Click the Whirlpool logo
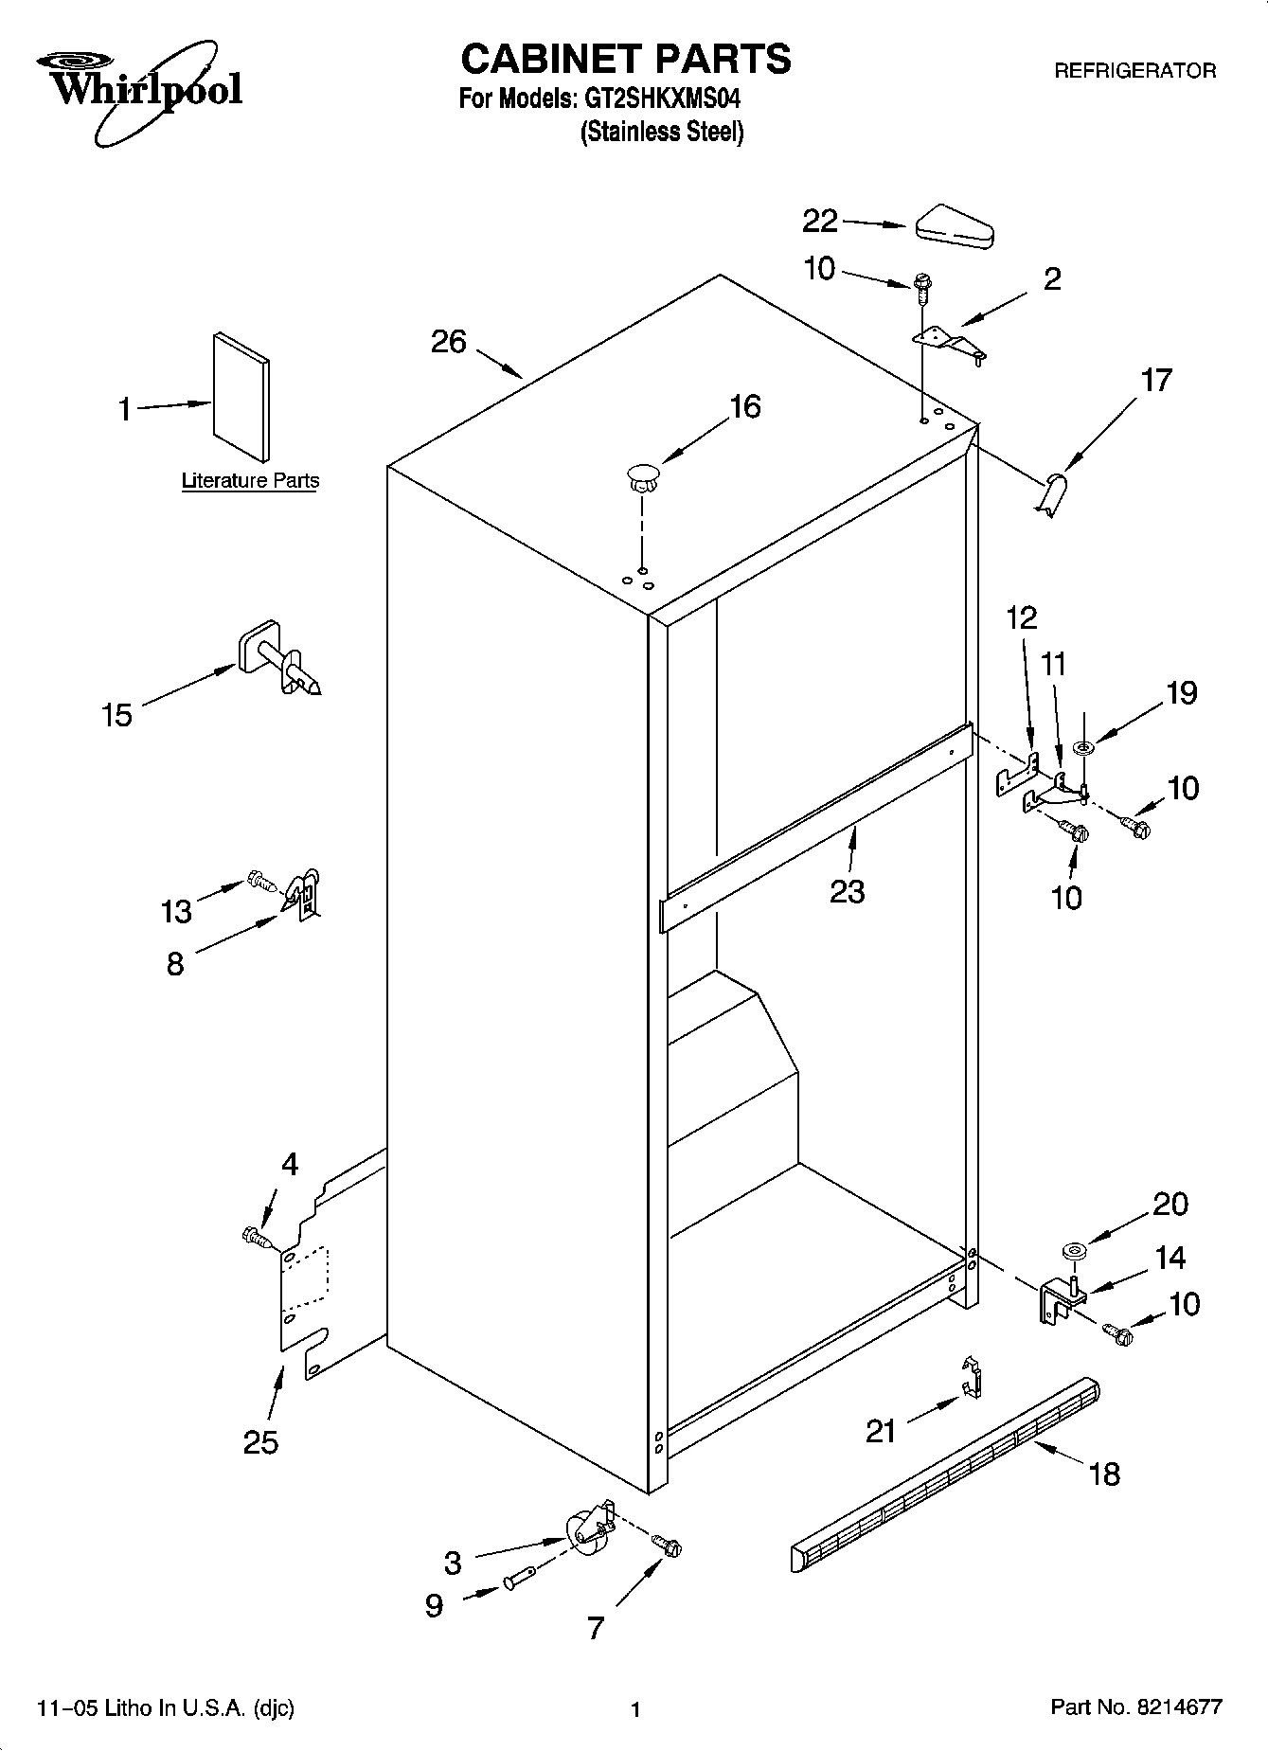(140, 91)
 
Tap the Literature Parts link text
(250, 481)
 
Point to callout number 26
(449, 342)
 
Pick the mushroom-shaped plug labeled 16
(642, 475)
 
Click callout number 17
(1155, 381)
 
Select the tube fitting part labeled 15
(280, 661)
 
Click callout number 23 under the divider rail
(847, 891)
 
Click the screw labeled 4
(256, 1236)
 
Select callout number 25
(260, 1442)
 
